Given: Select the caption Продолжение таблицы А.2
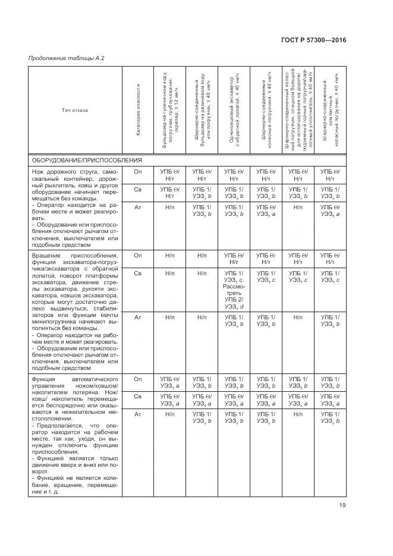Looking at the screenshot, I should pyautogui.click(x=67, y=58).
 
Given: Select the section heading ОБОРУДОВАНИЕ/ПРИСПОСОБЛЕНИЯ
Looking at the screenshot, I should pyautogui.click(x=87, y=161).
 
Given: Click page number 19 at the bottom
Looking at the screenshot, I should pyautogui.click(x=343, y=507).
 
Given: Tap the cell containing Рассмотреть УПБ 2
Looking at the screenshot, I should pyautogui.click(x=234, y=290).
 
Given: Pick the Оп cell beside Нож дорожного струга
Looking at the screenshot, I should pyautogui.click(x=138, y=172).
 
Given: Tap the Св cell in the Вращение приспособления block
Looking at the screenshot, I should pyautogui.click(x=138, y=274).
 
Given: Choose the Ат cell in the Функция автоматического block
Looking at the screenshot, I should pyautogui.click(x=138, y=413).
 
